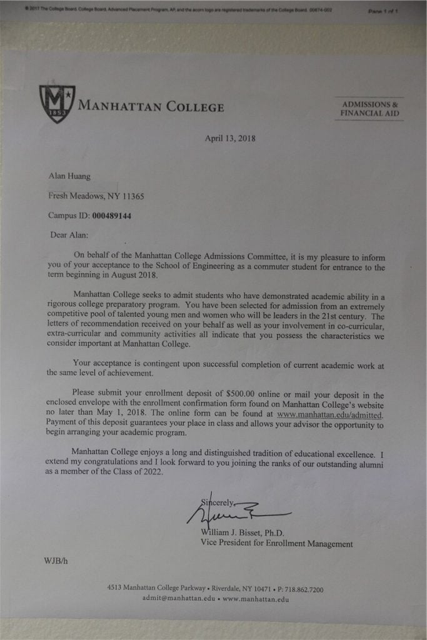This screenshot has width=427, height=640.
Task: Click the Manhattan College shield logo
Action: pyautogui.click(x=57, y=103)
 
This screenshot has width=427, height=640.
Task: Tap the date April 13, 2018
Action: pyautogui.click(x=230, y=139)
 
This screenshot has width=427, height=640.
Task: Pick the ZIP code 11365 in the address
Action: pyautogui.click(x=133, y=196)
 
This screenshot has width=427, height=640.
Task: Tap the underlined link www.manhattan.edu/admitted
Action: pyautogui.click(x=329, y=414)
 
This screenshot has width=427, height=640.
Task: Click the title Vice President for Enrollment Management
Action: pyautogui.click(x=276, y=544)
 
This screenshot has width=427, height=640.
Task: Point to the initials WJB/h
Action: pyautogui.click(x=56, y=561)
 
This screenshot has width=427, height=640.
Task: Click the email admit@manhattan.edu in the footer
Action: pyautogui.click(x=178, y=599)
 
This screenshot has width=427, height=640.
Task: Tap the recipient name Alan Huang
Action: pyautogui.click(x=69, y=176)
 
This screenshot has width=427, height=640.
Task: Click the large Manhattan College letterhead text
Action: pyautogui.click(x=151, y=107)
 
